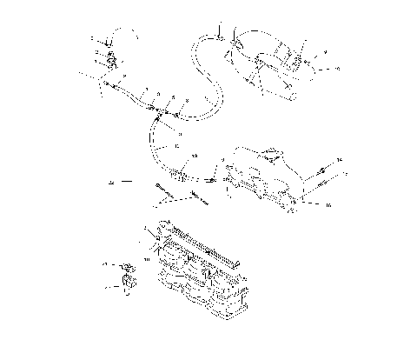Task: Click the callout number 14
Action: point(340,162)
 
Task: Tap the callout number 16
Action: point(329,206)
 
